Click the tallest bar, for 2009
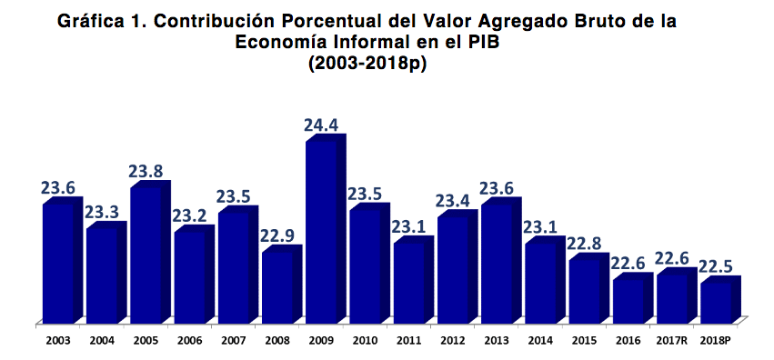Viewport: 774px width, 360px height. click(321, 232)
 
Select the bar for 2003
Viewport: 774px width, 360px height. click(57, 264)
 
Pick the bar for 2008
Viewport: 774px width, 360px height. click(276, 286)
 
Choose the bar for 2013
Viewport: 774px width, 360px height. click(497, 264)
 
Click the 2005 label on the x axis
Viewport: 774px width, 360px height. click(146, 341)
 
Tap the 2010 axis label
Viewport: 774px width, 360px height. click(366, 341)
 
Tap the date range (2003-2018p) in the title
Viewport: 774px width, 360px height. click(367, 64)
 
